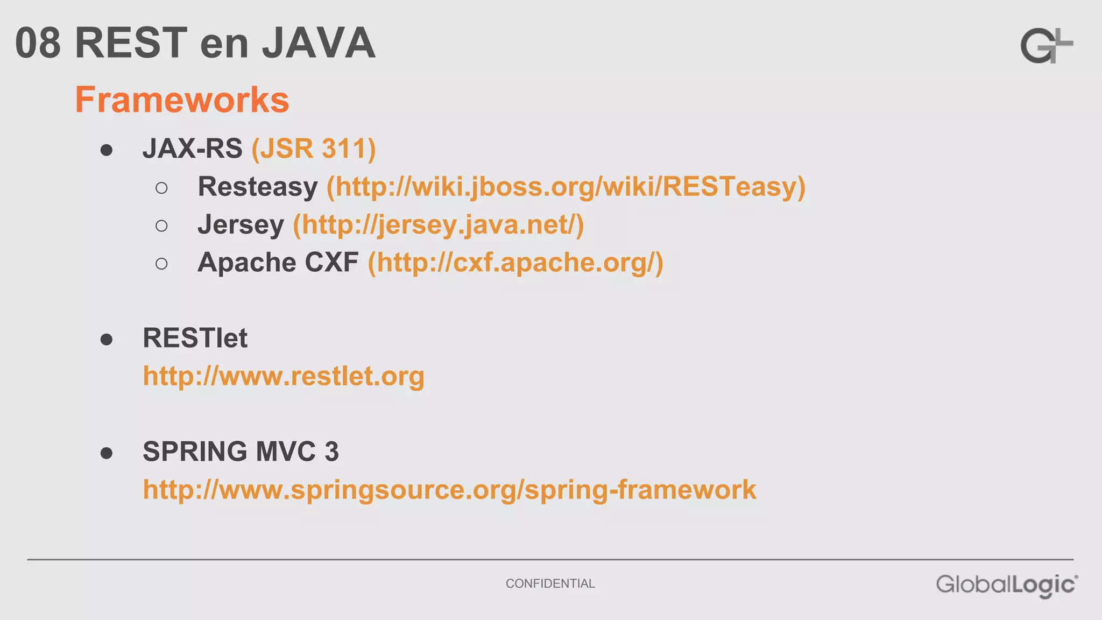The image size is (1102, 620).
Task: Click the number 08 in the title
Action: click(38, 43)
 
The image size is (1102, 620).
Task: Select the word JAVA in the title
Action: click(319, 43)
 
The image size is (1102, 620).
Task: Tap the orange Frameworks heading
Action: click(182, 100)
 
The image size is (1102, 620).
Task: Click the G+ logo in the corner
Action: click(1046, 46)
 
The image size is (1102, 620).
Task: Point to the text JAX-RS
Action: click(192, 149)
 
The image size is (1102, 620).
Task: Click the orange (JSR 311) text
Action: click(314, 149)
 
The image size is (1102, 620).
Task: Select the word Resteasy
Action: click(258, 187)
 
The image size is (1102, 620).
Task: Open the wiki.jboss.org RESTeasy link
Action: click(566, 187)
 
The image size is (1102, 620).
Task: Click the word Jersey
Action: click(241, 224)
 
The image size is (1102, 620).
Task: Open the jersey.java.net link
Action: click(438, 224)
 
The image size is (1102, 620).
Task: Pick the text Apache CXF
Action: click(278, 263)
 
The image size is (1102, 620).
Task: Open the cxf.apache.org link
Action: click(515, 263)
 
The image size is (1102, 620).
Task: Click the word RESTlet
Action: click(195, 338)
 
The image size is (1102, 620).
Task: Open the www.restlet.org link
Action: click(284, 376)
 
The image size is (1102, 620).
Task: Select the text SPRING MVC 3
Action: click(241, 452)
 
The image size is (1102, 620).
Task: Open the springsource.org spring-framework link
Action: click(449, 490)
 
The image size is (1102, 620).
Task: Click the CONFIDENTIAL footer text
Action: click(550, 583)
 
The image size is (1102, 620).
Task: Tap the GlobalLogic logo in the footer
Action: click(1007, 585)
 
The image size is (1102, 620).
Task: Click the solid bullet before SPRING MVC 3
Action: click(107, 453)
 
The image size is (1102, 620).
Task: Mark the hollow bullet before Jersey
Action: click(161, 226)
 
